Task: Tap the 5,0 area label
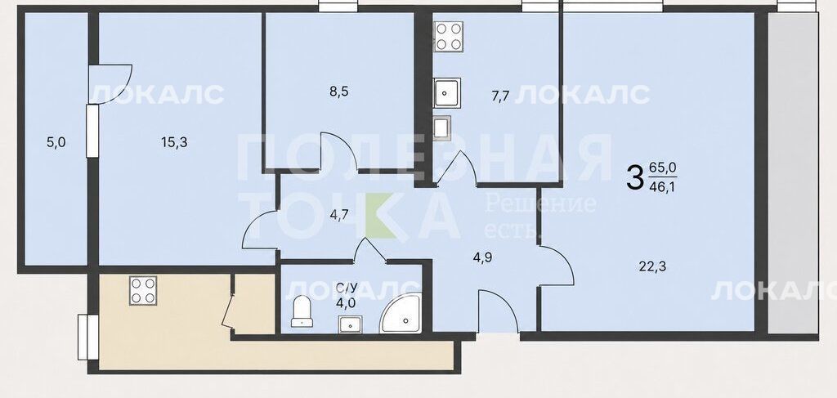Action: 56,142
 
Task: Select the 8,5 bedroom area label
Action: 339,92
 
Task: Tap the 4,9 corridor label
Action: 482,257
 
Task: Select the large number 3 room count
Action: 634,177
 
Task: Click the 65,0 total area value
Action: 662,168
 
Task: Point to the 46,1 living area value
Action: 662,187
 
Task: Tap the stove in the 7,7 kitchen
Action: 449,37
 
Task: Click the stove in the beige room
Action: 143,291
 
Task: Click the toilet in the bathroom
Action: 302,311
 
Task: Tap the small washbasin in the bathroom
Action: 350,324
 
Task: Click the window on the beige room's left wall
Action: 83,338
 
